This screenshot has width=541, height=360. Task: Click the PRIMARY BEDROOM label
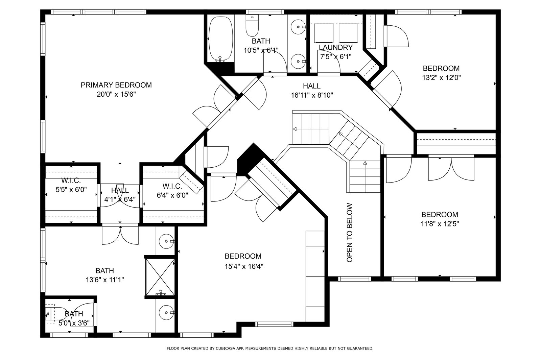pos(116,85)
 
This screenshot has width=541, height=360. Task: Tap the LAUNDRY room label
pos(336,47)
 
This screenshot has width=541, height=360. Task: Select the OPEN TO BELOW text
pos(350,233)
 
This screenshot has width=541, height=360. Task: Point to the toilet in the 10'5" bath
pos(252,25)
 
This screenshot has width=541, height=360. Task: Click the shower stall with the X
pos(160,277)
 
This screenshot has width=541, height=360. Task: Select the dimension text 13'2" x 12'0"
pos(441,78)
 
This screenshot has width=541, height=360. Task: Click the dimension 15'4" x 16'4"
pos(244,266)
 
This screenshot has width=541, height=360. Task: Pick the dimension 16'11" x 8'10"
pos(312,95)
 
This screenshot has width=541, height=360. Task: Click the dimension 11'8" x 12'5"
pos(440,224)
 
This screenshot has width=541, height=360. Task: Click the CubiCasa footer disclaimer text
pos(270,349)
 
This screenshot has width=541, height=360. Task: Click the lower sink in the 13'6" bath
pos(167,313)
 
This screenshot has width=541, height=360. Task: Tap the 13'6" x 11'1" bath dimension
pos(105,280)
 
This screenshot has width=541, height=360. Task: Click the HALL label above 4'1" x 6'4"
pos(120,190)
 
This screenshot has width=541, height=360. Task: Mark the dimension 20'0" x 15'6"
pos(116,94)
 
